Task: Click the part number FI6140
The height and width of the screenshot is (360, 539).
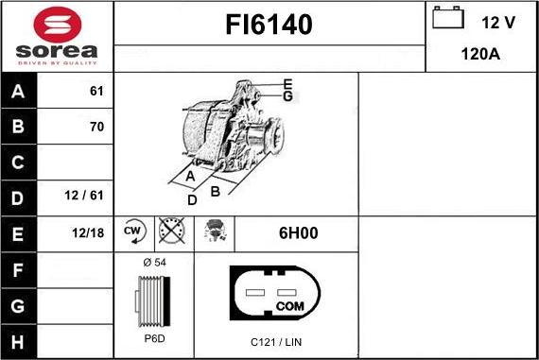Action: coord(269,26)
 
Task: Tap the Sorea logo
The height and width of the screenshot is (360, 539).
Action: coord(57,36)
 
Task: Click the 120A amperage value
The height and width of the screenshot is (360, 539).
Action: coord(480,54)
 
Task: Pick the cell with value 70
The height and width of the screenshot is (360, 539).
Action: coord(96,127)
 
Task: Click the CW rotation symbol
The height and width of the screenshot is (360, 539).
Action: coord(133,231)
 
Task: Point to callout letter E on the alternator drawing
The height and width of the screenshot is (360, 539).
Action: coord(287,83)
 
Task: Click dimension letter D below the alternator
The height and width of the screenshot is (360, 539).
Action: coord(192,200)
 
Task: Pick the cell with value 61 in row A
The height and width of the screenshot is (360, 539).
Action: coord(96,91)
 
